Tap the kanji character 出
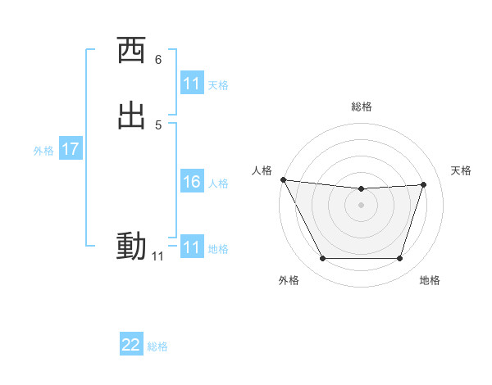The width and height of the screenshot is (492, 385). (x=131, y=115)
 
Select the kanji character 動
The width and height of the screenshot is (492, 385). (x=131, y=246)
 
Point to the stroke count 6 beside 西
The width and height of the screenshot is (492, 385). (x=158, y=60)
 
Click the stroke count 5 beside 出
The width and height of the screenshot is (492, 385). (x=158, y=125)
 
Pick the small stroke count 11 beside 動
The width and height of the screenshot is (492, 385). (x=157, y=256)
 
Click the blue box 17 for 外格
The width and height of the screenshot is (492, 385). (x=70, y=150)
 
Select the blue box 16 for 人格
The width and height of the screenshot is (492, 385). (x=191, y=182)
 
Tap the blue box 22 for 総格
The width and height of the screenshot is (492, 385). (x=131, y=345)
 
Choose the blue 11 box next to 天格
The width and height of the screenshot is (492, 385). (x=191, y=84)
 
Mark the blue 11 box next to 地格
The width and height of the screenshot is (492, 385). (x=191, y=247)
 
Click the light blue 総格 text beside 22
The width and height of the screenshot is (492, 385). (x=157, y=346)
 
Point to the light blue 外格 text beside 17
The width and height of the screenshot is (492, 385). (x=43, y=151)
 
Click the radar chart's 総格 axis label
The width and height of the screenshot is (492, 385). (x=362, y=106)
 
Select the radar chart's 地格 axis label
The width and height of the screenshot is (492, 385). (x=430, y=281)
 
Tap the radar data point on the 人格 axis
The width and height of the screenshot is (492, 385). (x=283, y=179)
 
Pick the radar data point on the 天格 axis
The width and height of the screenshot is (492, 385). (x=424, y=184)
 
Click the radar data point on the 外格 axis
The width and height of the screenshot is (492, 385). (x=322, y=259)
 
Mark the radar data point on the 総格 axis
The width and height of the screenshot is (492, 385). (x=362, y=189)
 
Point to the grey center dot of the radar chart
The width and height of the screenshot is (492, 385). (x=362, y=205)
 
